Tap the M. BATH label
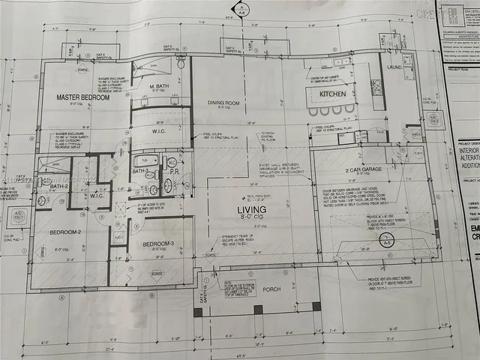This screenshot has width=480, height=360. pos(157,88)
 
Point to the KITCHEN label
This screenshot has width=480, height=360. pos(333,94)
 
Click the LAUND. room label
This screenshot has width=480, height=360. pos(395,67)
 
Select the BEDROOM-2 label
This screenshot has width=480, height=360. pos(64,232)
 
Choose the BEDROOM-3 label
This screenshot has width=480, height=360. pos(158,244)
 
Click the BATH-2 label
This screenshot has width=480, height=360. pos(60,186)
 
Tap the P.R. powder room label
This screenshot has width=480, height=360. pos(172,171)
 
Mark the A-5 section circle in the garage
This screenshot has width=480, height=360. pos(387,242)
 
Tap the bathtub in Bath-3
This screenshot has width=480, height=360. pos(145,160)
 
